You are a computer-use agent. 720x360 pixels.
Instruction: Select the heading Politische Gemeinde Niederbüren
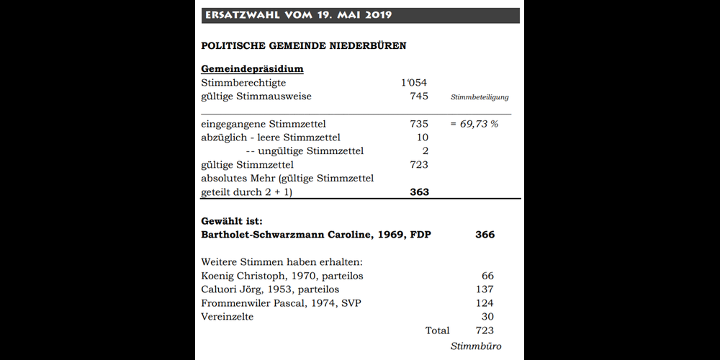point(303,46)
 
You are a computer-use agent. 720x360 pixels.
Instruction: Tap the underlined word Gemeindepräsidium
point(252,69)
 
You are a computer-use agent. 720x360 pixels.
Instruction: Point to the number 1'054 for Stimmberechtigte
point(414,83)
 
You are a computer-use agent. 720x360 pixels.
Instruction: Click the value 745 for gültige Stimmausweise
point(418,96)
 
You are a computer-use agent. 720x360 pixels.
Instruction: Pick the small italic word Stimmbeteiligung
point(480,97)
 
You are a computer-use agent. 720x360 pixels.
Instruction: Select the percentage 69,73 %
point(474,124)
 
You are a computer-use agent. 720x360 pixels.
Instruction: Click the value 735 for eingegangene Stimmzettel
point(418,124)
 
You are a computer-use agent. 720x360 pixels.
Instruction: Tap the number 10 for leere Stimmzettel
point(422,138)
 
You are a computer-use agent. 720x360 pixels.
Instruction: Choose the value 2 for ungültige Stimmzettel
point(425,151)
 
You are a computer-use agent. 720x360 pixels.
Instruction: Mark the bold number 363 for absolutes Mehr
point(418,192)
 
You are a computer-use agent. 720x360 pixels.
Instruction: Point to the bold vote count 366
point(485,235)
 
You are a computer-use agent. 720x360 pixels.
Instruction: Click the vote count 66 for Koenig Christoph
point(487,276)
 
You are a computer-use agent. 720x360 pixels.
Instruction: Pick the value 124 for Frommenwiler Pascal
point(485,303)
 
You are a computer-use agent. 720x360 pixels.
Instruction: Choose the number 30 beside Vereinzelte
point(487,317)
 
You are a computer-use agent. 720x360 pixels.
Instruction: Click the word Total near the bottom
point(437,330)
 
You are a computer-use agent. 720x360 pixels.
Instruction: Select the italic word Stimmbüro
point(475,347)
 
